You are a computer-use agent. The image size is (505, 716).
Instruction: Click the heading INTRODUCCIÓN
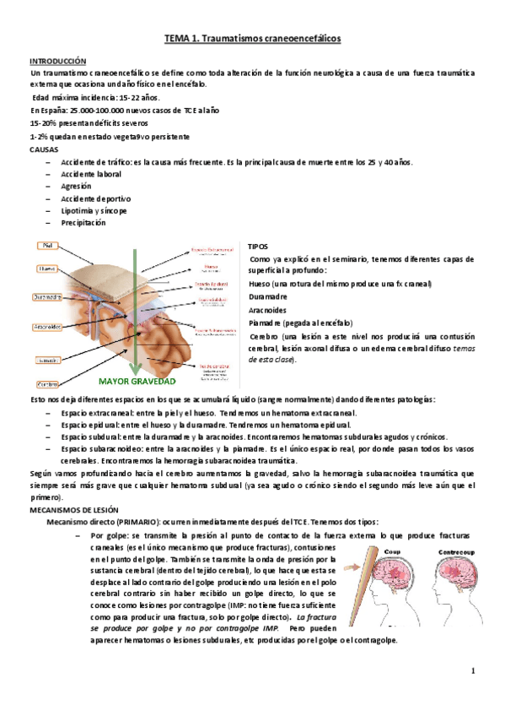point(58,62)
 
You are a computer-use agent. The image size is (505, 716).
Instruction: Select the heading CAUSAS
point(44,149)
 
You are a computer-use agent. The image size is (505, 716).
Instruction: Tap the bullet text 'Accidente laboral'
point(91,174)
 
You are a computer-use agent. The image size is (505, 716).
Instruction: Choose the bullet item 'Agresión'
point(76,186)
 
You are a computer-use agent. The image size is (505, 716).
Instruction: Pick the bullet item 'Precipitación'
point(83,223)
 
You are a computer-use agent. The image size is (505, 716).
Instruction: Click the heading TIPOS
point(258,246)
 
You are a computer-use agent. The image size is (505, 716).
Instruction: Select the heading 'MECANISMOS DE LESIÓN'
point(74,511)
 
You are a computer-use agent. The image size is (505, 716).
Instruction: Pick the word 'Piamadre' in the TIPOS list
point(266,322)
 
